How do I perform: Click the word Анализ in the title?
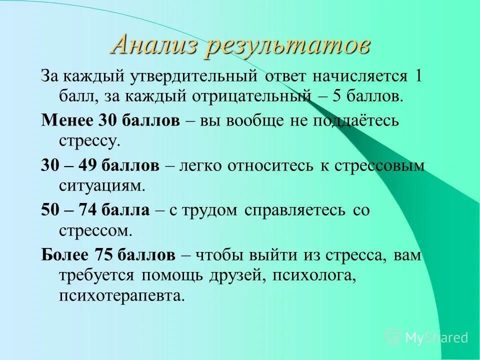coord(155,45)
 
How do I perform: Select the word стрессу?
coord(89,139)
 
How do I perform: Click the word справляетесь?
coord(294,210)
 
